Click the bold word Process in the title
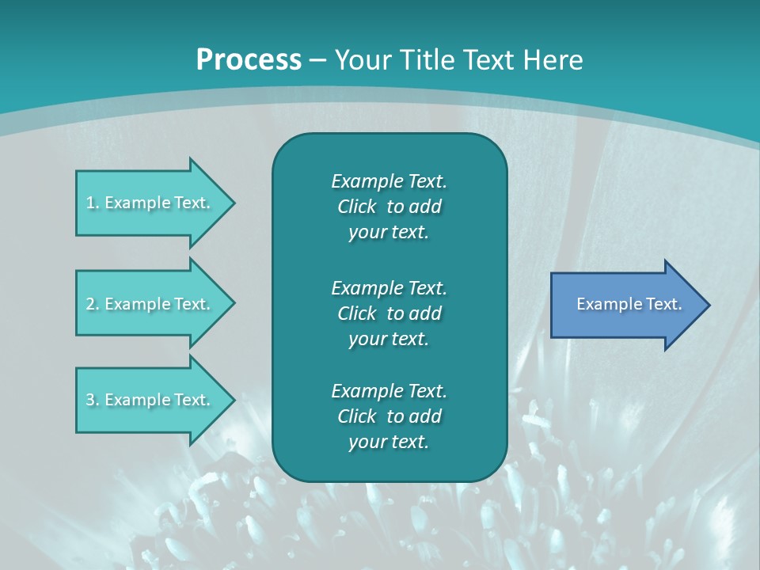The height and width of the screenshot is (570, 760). pyautogui.click(x=249, y=60)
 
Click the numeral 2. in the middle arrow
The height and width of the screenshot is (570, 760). pyautogui.click(x=92, y=304)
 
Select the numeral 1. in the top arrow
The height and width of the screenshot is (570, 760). pyautogui.click(x=92, y=203)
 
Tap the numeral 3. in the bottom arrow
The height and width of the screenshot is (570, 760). pyautogui.click(x=92, y=400)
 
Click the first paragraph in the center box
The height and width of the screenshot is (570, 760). pyautogui.click(x=389, y=207)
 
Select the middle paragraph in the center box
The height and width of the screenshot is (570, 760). pyautogui.click(x=389, y=313)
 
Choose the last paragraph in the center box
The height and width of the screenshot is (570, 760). pyautogui.click(x=389, y=416)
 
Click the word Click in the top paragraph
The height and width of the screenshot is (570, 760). pyautogui.click(x=356, y=207)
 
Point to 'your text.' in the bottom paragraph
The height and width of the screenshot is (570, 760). pyautogui.click(x=389, y=442)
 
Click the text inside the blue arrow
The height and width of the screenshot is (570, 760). pyautogui.click(x=629, y=304)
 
